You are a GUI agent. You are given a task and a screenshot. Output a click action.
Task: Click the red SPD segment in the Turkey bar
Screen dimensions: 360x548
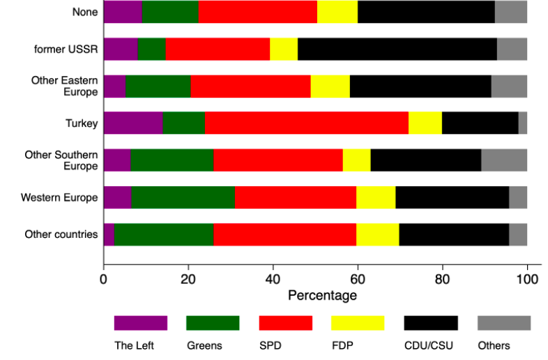(307, 123)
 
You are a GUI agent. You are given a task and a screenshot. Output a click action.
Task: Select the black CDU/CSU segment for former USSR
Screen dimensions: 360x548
(397, 49)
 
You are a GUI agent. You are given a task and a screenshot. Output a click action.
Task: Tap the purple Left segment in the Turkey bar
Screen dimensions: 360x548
(133, 123)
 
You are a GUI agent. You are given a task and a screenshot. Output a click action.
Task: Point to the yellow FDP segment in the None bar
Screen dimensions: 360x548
(337, 12)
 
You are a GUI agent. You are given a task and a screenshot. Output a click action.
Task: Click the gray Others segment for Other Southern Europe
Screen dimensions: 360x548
(504, 160)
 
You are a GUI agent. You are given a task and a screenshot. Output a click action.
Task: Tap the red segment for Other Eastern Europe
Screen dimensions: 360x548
(250, 86)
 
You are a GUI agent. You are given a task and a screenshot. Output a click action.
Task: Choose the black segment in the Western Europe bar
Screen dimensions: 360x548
(452, 197)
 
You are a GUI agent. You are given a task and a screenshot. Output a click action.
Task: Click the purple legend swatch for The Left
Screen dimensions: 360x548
(141, 322)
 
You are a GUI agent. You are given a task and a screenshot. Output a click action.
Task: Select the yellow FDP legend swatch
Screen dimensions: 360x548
(358, 322)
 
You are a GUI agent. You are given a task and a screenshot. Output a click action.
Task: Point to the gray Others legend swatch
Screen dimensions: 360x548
(503, 322)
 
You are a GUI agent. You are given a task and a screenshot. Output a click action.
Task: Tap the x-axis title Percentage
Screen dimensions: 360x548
(322, 296)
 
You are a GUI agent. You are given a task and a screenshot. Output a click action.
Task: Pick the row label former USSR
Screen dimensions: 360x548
(66, 49)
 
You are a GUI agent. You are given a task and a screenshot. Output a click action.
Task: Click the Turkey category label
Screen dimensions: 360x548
(82, 123)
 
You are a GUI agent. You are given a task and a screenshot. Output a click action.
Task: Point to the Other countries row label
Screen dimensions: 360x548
(61, 234)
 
